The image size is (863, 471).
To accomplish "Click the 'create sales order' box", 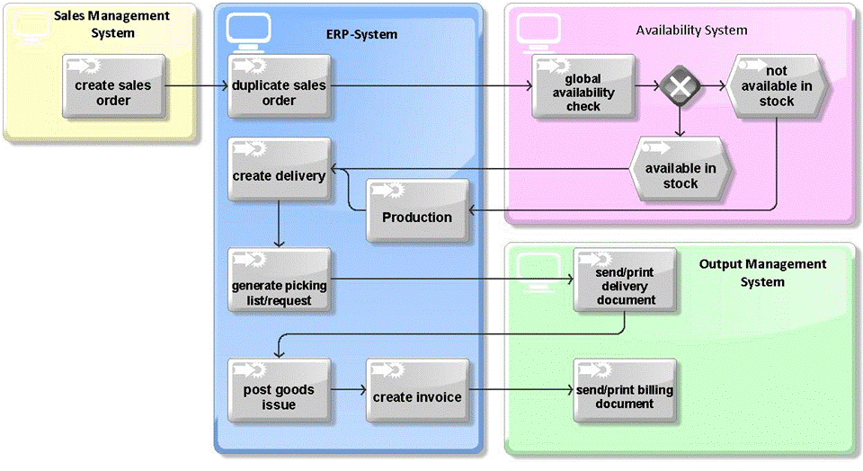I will point(114,86).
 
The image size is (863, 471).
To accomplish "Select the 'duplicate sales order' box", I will point(279,86).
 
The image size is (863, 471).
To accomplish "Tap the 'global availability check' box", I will point(583,86).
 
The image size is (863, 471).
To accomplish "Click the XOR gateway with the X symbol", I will point(680,86).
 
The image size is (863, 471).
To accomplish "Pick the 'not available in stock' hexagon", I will point(775,86).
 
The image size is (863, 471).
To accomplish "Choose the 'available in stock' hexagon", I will point(681,169).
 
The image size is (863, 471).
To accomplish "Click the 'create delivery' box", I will point(279,169).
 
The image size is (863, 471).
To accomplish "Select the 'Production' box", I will point(417,210).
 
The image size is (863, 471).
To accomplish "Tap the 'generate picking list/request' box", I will point(279,280).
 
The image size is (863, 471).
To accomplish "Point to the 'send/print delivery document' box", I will point(626,280).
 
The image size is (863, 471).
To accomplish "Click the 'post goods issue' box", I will point(279,390).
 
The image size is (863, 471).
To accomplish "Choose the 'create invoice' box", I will point(417,390).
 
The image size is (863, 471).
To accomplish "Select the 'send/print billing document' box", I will point(626,390).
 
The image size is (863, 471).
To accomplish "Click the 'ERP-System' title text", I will point(361,34).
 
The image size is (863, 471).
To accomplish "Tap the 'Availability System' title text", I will point(691,30).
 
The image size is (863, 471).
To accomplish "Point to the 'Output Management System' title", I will point(762,272).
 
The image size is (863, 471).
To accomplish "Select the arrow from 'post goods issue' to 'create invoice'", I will point(348,390).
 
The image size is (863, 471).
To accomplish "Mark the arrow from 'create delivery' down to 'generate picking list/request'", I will point(279,222).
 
